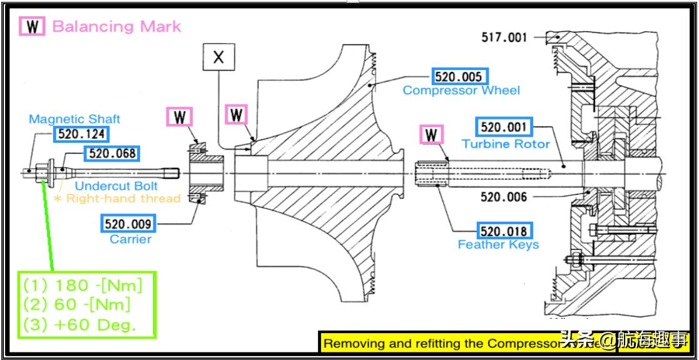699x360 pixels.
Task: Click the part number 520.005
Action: (459, 77)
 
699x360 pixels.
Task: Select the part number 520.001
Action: (504, 127)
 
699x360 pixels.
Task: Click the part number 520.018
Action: (504, 230)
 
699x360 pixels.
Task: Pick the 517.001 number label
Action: (504, 38)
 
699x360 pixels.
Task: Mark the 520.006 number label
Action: (504, 197)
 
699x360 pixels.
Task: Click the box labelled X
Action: (218, 58)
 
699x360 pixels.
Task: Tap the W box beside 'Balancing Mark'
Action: (32, 26)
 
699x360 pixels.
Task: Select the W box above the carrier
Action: (180, 117)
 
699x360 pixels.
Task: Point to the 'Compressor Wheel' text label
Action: (461, 91)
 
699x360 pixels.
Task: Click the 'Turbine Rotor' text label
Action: (506, 144)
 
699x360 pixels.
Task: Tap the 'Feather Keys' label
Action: (498, 245)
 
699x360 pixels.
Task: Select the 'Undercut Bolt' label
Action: (116, 186)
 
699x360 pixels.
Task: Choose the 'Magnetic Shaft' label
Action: (74, 118)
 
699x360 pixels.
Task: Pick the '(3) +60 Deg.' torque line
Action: (79, 325)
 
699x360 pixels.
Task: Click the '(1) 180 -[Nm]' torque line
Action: (83, 285)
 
